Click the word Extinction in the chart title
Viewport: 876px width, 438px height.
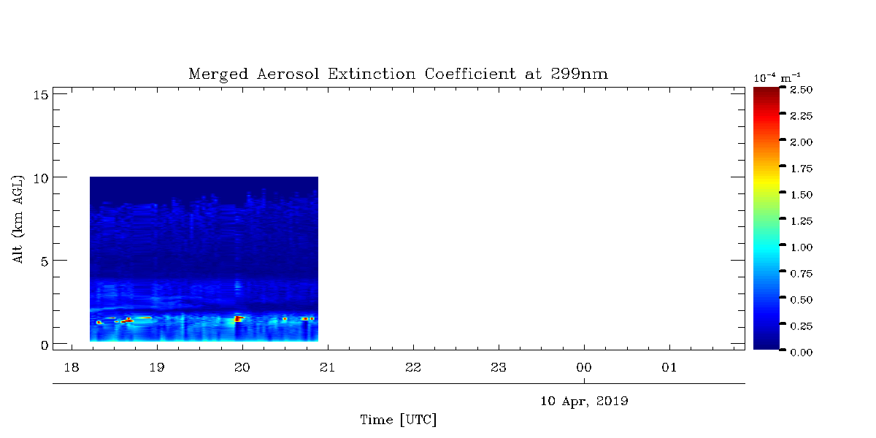tap(371, 74)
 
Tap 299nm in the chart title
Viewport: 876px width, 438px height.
tap(579, 74)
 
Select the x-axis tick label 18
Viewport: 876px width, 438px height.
tap(72, 368)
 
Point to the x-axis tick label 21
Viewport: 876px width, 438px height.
tap(327, 368)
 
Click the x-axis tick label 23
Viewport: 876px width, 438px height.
tap(498, 368)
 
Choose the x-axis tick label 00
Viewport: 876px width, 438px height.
tap(584, 368)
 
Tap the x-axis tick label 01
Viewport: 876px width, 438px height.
tap(669, 368)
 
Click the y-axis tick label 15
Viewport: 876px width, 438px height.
tap(41, 95)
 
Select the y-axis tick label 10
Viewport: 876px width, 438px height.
tap(41, 179)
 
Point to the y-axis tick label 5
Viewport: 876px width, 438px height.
tap(45, 261)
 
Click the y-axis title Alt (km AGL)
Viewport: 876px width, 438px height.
tap(18, 219)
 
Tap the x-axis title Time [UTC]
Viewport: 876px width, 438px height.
tap(398, 420)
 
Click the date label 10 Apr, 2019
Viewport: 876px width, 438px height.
tap(584, 401)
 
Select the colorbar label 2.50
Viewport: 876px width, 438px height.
tap(801, 90)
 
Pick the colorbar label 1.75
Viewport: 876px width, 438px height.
tap(801, 169)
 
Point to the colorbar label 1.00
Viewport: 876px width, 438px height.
tap(801, 247)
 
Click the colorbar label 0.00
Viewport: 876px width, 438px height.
tap(801, 353)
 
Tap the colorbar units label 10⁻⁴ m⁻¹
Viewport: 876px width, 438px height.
tap(777, 77)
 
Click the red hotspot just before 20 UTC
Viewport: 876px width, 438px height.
tap(238, 319)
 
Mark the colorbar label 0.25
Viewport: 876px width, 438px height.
tap(801, 326)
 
